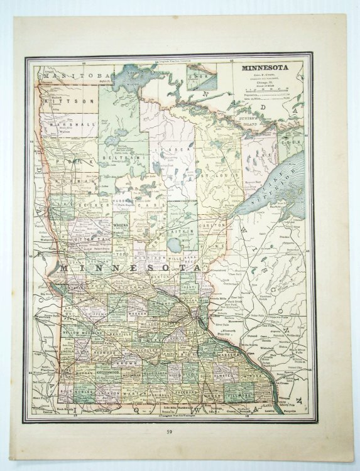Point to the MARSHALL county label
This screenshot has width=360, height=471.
[x=71, y=124]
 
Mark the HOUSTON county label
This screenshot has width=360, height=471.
[x=265, y=391]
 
